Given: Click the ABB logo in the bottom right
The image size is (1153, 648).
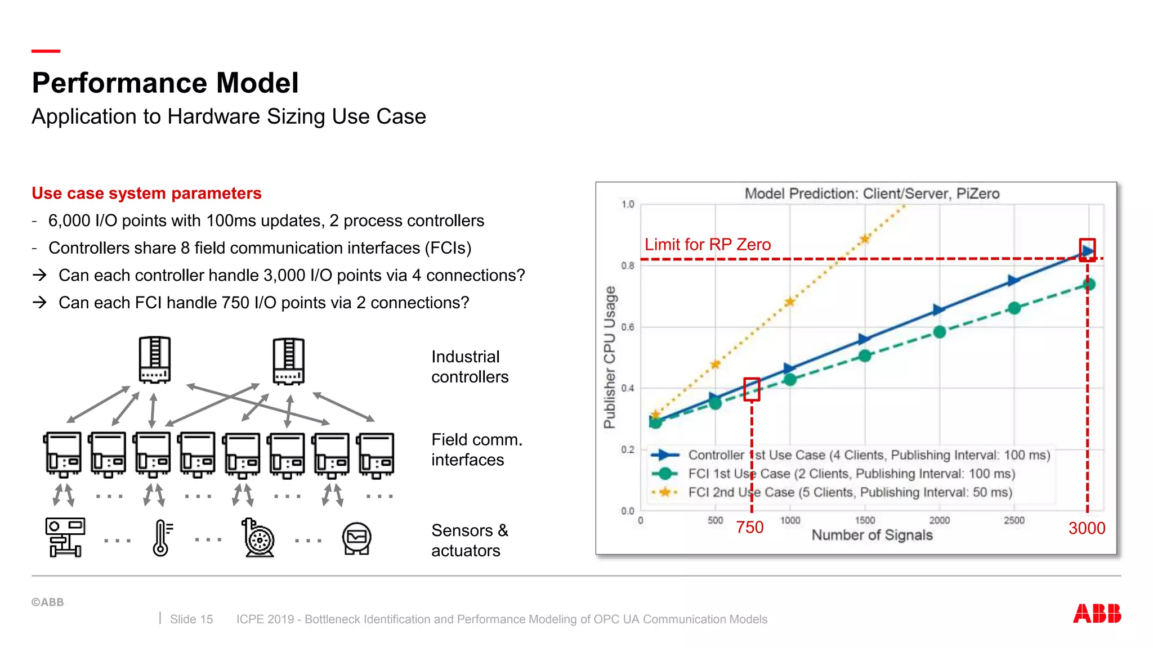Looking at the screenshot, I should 1097,613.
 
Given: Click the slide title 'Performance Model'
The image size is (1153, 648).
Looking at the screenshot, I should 165,83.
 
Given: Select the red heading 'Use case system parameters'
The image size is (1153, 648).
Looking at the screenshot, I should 146,193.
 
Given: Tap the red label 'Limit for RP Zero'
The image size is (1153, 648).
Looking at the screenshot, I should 707,245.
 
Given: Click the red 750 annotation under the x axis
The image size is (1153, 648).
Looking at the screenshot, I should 749,527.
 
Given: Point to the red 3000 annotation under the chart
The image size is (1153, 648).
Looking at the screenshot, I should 1087,528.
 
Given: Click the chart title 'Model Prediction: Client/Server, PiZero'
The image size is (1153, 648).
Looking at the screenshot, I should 872,193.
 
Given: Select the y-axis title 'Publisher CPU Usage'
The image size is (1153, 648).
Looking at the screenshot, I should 609,357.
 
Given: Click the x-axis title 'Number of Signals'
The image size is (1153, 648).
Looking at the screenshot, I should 872,535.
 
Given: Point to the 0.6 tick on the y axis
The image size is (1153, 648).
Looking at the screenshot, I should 627,327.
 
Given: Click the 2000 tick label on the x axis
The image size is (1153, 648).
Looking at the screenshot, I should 939,520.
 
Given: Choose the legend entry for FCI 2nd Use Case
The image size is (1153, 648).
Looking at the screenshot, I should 849,492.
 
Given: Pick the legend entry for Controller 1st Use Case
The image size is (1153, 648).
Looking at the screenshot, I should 868,455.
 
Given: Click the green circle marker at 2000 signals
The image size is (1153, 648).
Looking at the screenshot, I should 939,332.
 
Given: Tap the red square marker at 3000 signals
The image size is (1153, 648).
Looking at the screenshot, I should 1087,250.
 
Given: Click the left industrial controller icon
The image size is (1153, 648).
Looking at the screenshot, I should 155,360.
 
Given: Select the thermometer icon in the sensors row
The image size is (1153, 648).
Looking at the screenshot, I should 162,538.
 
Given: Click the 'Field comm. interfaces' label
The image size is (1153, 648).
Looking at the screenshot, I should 476,449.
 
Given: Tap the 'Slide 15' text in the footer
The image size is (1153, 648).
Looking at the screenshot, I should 191,619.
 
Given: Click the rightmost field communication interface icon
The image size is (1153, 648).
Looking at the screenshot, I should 376,454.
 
